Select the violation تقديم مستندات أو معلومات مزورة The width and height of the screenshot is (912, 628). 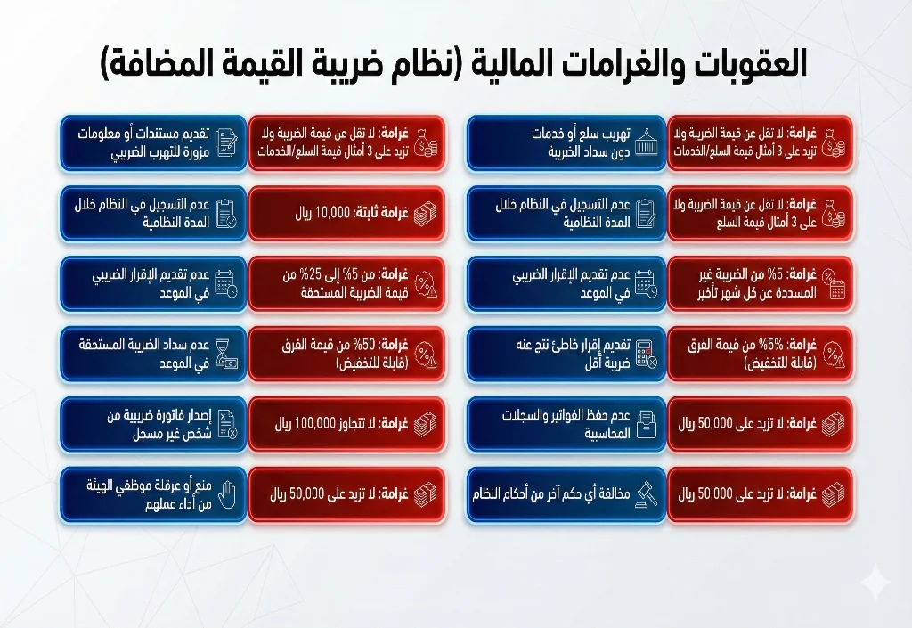[142, 143]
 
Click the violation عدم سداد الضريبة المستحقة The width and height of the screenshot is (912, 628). [142, 353]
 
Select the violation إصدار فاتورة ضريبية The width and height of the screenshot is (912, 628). [142, 423]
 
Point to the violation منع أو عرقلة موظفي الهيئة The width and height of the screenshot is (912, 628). [142, 493]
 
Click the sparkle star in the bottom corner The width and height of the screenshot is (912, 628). [876, 584]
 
